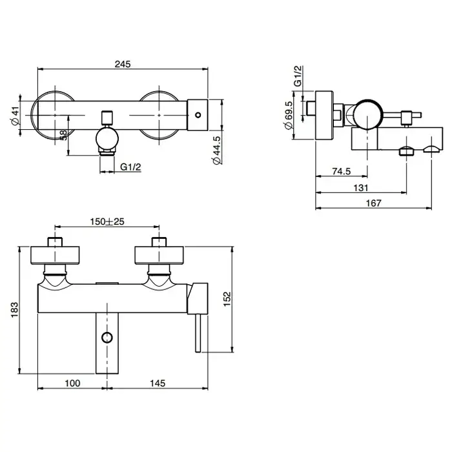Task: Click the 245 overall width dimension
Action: point(123,64)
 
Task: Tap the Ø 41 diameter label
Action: point(15,116)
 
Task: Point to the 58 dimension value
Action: point(63,135)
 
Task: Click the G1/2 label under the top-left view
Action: point(130,167)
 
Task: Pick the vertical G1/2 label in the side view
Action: point(298,76)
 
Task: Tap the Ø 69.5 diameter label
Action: point(288,115)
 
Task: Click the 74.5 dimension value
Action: point(342,171)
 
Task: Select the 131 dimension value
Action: point(361,188)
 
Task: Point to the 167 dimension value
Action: point(374,203)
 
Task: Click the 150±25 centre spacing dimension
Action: point(107,221)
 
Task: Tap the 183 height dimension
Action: point(14,310)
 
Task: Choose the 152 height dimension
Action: point(227,299)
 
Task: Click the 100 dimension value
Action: point(72,383)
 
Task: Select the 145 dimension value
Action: point(158,383)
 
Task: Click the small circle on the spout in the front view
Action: point(107,337)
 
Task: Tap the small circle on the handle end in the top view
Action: point(198,115)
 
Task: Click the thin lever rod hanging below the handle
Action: point(198,333)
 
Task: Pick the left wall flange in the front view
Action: point(55,255)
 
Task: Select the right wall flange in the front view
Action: point(159,255)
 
